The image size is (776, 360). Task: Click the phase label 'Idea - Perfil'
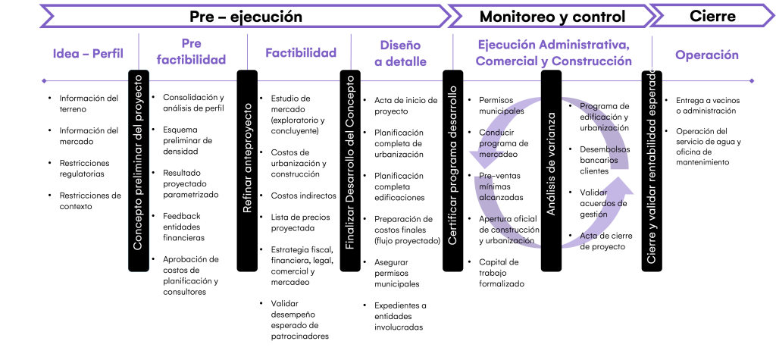click(88, 55)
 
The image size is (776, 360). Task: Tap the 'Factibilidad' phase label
click(301, 53)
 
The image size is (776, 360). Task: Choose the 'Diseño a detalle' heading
click(401, 53)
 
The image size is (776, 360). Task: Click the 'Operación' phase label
click(707, 55)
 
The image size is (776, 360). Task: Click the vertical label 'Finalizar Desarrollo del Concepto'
click(350, 162)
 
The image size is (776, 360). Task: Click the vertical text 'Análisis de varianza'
click(552, 164)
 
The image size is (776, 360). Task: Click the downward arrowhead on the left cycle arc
click(483, 159)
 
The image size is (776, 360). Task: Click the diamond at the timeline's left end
click(44, 81)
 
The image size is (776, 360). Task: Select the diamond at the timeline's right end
click(752, 81)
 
